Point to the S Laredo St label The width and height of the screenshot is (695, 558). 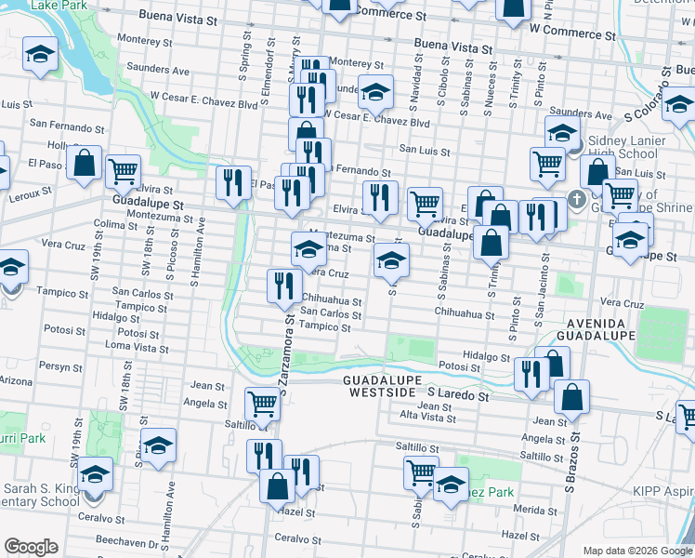click(x=453, y=395)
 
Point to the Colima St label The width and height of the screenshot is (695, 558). click(x=115, y=224)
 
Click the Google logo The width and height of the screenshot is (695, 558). click(x=32, y=547)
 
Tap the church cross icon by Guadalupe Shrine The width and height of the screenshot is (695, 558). click(x=576, y=199)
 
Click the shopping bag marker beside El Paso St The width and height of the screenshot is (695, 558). click(x=85, y=164)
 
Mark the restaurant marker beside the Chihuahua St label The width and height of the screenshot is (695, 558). click(x=283, y=286)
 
